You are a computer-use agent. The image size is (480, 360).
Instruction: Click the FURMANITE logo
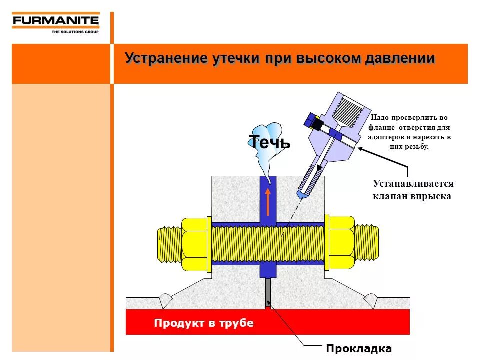(x=55, y=21)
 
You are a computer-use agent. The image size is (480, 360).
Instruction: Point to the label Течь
(x=269, y=142)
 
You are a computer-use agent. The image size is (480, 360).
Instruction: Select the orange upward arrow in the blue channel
(x=268, y=202)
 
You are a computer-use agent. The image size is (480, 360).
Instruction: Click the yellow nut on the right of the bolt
(x=341, y=244)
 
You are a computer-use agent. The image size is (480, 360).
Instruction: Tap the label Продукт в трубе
(x=204, y=323)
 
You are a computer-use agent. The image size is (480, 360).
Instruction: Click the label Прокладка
(x=359, y=348)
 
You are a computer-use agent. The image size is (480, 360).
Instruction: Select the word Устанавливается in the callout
(x=413, y=184)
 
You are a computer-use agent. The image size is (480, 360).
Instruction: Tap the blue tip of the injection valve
(x=301, y=193)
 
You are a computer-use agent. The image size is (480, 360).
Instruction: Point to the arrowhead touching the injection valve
(x=361, y=148)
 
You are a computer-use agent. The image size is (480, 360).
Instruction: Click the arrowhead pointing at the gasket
(x=270, y=302)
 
